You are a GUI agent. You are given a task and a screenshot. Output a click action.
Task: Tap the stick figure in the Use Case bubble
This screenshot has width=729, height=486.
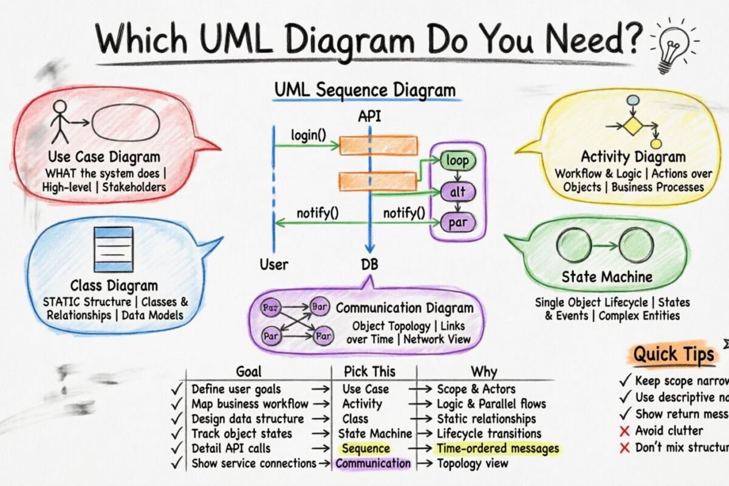[x=60, y=120]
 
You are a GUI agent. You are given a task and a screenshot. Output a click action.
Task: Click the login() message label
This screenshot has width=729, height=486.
[x=308, y=134]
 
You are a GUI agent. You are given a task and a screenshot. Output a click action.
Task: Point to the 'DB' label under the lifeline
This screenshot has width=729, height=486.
[x=368, y=265]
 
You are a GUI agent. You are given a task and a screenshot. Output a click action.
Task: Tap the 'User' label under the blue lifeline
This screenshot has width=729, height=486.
[x=274, y=265]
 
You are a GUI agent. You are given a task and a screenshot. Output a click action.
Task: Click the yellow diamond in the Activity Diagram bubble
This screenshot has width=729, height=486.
[x=633, y=126]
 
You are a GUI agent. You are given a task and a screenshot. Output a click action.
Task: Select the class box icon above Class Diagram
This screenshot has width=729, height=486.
[x=112, y=249]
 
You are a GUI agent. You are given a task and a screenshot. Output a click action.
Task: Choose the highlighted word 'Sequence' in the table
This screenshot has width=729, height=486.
[x=365, y=448]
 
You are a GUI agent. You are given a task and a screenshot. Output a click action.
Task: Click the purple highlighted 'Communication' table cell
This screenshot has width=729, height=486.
[x=373, y=464]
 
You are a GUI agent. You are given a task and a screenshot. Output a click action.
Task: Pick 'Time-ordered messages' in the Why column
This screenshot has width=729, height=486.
[x=498, y=448]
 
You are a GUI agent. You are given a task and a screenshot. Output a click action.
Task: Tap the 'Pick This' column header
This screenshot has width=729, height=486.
[x=369, y=371]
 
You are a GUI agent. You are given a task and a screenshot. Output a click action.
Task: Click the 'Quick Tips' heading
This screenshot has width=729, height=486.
[x=674, y=354]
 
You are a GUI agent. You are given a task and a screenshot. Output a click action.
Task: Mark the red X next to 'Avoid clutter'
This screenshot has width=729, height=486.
[x=623, y=431]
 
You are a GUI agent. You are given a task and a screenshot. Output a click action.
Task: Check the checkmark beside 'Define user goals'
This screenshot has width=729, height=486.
[x=177, y=389]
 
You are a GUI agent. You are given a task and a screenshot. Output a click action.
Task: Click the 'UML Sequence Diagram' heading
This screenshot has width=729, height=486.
[x=364, y=91]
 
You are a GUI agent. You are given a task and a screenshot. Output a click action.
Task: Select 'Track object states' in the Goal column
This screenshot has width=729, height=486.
[x=242, y=434]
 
